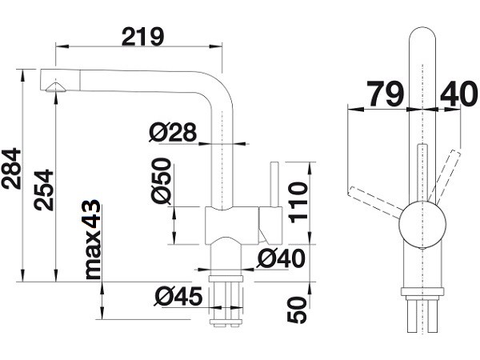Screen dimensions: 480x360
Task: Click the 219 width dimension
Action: [142, 37]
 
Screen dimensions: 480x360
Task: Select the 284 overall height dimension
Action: [11, 168]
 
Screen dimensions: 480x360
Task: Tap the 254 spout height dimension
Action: [43, 190]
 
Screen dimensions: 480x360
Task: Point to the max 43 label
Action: [93, 239]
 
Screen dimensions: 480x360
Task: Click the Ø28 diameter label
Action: [173, 132]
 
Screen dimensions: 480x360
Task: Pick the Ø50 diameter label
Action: [161, 181]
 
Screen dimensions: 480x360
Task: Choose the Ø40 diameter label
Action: [281, 258]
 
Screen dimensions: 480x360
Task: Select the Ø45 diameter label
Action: [178, 296]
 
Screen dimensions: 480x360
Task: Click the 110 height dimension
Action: [298, 202]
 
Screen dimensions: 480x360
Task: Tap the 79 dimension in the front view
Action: [385, 94]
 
